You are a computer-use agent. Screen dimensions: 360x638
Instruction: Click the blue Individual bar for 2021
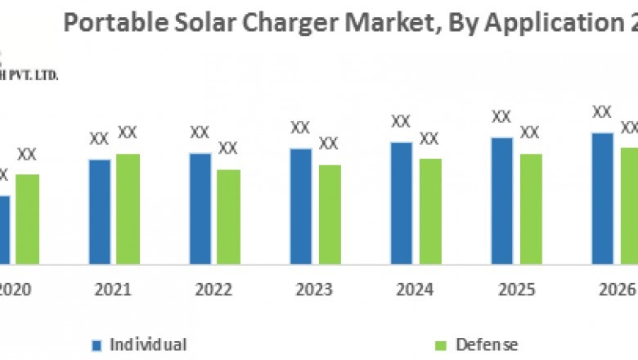[100, 211]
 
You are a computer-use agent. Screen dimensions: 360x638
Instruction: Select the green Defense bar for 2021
[128, 209]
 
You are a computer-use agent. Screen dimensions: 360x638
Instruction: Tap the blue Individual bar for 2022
[200, 208]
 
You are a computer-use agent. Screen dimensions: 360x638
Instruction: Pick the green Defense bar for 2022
[228, 217]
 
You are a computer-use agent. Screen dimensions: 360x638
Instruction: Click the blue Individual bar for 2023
[301, 206]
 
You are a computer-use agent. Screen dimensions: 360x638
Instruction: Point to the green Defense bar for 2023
[329, 214]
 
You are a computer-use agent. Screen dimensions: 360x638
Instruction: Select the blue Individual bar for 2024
[402, 203]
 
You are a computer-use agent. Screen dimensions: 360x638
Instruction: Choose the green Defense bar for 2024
[430, 211]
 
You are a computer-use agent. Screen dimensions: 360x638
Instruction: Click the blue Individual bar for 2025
[502, 200]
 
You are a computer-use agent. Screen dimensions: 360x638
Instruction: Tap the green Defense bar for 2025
[531, 209]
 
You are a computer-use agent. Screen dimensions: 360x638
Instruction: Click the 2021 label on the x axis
[113, 290]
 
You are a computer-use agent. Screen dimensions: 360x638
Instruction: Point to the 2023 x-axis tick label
[314, 290]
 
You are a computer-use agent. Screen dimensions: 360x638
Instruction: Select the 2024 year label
[416, 290]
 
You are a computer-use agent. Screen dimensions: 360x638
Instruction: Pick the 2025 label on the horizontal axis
[516, 290]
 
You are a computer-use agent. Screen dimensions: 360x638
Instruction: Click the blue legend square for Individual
[97, 345]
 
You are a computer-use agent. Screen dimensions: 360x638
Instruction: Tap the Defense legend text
[487, 344]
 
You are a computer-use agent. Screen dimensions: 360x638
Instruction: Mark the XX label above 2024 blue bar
[401, 121]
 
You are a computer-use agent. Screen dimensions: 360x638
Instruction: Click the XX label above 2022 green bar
[228, 148]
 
